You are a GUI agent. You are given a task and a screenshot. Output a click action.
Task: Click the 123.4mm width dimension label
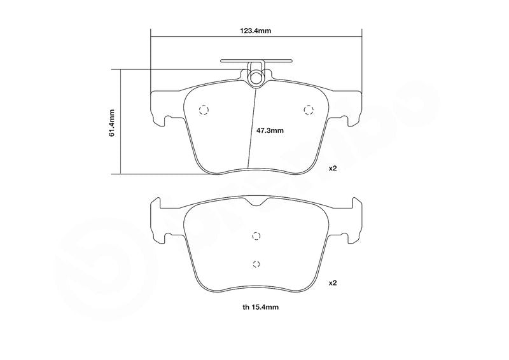tap(256, 31)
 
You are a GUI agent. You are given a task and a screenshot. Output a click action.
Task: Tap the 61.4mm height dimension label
tap(112, 123)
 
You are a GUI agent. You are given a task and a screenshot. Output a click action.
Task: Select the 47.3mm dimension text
tap(270, 130)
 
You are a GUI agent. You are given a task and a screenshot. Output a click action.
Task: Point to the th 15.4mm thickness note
tap(260, 307)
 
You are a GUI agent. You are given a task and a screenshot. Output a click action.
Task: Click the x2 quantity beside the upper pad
tap(333, 169)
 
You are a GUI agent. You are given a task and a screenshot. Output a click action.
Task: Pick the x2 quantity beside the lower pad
tap(333, 283)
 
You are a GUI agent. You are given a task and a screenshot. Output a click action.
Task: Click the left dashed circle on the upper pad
tap(204, 110)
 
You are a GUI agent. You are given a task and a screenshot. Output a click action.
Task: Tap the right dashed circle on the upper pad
tap(309, 110)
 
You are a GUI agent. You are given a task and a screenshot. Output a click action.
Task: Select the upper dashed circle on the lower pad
tap(256, 236)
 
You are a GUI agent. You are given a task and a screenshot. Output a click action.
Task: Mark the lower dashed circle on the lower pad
tap(256, 263)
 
